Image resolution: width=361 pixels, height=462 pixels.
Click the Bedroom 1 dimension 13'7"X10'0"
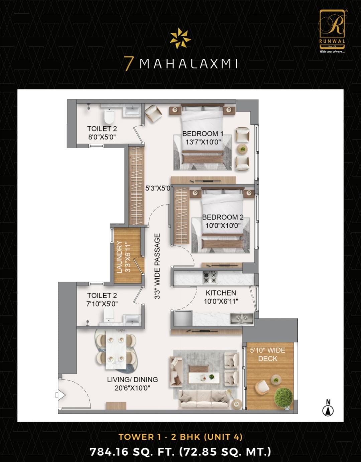coord(203,142)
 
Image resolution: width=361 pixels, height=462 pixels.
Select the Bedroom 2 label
coord(223,217)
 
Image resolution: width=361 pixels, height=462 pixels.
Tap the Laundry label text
coord(120,257)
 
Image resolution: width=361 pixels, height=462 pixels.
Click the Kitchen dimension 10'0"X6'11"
coord(221,301)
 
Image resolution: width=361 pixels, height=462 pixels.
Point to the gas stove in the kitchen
coord(210,277)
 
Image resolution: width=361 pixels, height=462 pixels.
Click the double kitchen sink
coord(242,318)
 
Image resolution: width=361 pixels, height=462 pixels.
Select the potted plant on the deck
coord(283,398)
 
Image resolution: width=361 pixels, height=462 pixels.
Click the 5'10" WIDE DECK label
coord(268,354)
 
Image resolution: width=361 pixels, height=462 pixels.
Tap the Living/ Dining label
coord(132,379)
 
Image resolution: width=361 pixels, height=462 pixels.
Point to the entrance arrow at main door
coord(61,395)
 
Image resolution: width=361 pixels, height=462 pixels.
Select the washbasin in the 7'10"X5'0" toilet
coord(132,320)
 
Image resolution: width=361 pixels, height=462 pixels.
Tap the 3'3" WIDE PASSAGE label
coord(157,266)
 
